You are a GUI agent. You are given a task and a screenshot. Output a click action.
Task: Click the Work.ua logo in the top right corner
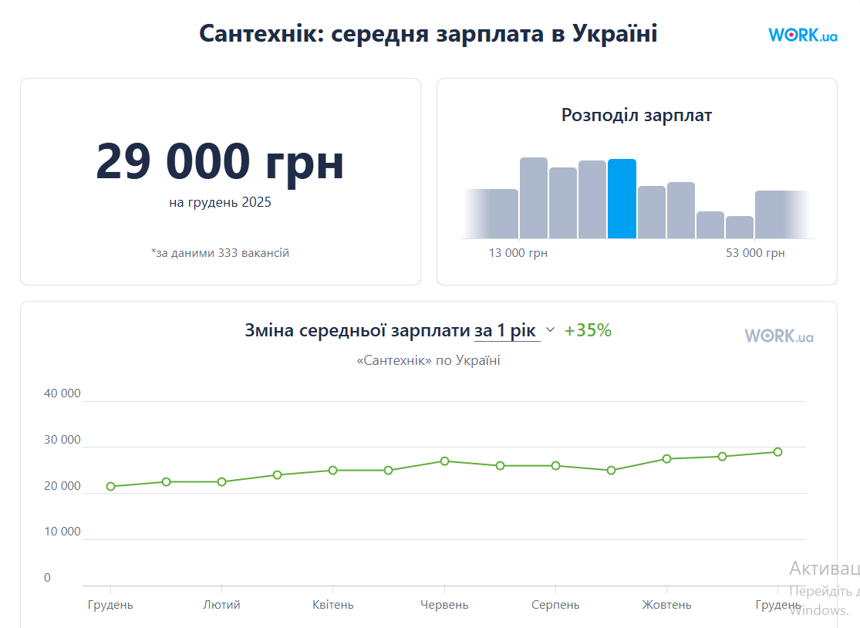(x=802, y=35)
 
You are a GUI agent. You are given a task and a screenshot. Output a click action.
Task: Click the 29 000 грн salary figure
(x=220, y=161)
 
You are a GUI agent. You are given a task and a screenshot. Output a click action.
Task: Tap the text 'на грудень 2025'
(x=220, y=203)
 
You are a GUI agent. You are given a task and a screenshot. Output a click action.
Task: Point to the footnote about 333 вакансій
(x=220, y=253)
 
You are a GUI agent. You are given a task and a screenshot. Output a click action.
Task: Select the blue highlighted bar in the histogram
(x=622, y=199)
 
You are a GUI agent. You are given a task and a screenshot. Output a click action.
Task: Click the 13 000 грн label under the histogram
(x=518, y=253)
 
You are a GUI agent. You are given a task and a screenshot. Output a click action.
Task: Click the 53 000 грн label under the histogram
(x=755, y=253)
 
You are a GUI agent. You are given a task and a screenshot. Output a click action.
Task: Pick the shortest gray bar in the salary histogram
(x=739, y=227)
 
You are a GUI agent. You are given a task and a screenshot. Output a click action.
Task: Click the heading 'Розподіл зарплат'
(x=636, y=116)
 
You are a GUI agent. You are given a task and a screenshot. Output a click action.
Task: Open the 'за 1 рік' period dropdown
(x=514, y=331)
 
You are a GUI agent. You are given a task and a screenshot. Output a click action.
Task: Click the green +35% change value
(x=588, y=331)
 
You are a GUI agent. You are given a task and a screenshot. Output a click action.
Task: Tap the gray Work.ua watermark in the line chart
(x=778, y=336)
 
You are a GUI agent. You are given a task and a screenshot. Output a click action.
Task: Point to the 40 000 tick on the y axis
(x=62, y=393)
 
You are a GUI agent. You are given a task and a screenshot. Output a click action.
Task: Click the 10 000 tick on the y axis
(x=62, y=532)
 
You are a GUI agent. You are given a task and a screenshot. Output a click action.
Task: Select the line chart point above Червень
(x=444, y=461)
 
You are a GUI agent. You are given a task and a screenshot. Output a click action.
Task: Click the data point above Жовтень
(x=666, y=459)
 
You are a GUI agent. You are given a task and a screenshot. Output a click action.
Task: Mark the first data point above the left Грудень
(x=110, y=487)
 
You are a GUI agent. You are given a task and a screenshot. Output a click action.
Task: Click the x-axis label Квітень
(x=332, y=605)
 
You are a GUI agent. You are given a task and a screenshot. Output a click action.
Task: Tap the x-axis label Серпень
(x=555, y=605)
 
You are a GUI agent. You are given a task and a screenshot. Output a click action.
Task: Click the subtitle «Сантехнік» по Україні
(x=428, y=360)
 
